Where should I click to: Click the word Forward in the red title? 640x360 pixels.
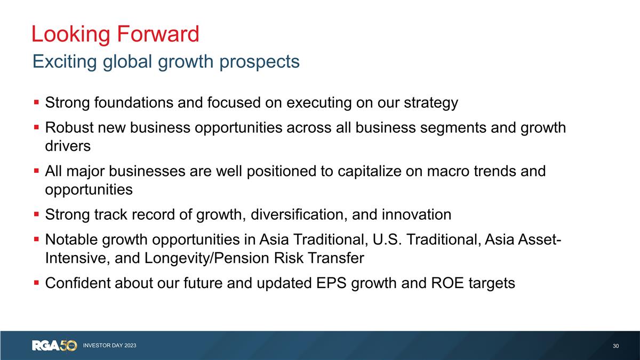point(157,34)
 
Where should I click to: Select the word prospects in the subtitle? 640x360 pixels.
point(260,62)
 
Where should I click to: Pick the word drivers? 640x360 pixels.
point(68,146)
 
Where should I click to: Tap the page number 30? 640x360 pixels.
point(616,346)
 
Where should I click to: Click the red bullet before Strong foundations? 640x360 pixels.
point(36,101)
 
